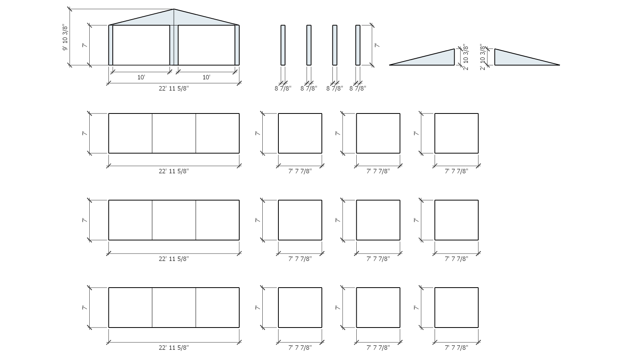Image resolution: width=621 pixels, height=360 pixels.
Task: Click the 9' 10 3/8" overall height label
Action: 65,38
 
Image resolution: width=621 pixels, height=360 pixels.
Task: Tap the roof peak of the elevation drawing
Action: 174,9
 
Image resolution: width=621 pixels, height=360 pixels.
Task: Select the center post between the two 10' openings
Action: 174,45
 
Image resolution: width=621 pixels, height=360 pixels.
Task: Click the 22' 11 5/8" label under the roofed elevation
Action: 173,88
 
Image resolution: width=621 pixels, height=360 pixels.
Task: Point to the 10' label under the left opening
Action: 141,77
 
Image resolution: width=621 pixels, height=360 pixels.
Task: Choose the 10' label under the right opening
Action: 206,77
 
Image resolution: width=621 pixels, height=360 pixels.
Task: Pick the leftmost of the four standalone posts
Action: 283,45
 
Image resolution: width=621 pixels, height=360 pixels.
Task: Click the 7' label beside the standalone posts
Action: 377,45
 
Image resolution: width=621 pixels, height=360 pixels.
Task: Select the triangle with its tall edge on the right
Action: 422,57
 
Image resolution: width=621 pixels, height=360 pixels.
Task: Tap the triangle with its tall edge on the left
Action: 527,57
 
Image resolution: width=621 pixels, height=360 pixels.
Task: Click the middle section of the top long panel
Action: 174,133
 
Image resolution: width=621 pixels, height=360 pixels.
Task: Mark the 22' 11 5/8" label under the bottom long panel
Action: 173,347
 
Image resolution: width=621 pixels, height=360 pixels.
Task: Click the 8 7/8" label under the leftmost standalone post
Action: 283,88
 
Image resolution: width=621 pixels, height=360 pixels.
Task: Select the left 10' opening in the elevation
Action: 141,45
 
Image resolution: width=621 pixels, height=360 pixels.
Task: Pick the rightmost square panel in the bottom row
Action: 456,308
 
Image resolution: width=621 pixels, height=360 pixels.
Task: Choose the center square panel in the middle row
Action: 378,220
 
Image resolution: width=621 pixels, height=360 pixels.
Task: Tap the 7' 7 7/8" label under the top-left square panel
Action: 300,171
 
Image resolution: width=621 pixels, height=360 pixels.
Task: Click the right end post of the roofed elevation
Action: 237,45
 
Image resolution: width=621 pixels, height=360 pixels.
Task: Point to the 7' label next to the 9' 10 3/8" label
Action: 85,45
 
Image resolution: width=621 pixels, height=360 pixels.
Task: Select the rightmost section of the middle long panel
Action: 217,220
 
